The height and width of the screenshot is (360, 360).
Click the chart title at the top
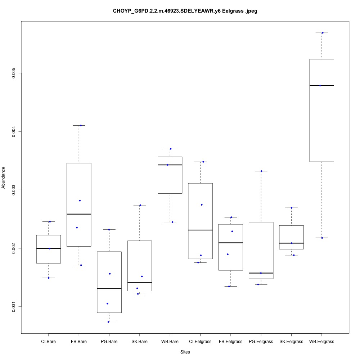pyautogui.click(x=185, y=11)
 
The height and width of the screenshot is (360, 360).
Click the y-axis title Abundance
pyautogui.click(x=4, y=177)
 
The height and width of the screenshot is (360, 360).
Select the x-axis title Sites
pyautogui.click(x=185, y=352)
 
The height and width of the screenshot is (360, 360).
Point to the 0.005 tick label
pyautogui.click(x=14, y=73)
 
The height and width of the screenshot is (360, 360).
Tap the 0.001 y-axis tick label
pyautogui.click(x=14, y=307)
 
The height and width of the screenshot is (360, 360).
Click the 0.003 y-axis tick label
pyautogui.click(x=14, y=190)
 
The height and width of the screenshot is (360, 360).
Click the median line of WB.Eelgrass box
pyautogui.click(x=322, y=86)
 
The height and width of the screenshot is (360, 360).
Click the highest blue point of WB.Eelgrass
pyautogui.click(x=323, y=33)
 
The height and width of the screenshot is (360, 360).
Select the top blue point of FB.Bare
pyautogui.click(x=81, y=125)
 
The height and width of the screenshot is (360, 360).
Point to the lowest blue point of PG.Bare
pyautogui.click(x=108, y=322)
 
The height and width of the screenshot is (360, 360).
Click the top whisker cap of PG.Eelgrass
pyautogui.click(x=261, y=171)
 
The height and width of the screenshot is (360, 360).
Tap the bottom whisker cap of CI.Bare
pyautogui.click(x=49, y=278)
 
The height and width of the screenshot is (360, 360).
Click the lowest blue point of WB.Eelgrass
pyautogui.click(x=322, y=238)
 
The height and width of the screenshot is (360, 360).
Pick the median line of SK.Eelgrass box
pyautogui.click(x=291, y=243)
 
